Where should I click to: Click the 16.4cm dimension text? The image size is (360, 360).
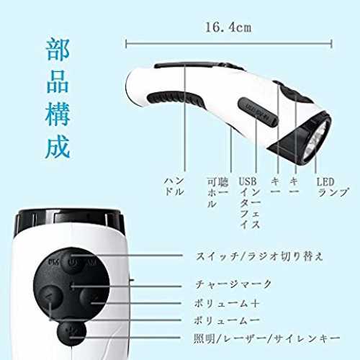[x=228, y=27]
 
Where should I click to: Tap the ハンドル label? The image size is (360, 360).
[x=174, y=186]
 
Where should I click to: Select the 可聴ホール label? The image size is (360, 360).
[x=217, y=193]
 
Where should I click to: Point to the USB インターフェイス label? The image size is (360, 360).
[x=250, y=203]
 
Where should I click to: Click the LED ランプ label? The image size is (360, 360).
[x=333, y=187]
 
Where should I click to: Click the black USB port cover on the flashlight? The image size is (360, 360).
[x=258, y=112]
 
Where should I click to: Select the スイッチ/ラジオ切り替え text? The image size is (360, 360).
[x=259, y=256]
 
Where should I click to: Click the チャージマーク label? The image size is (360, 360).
[x=233, y=284]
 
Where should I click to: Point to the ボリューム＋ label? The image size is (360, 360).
[x=227, y=303]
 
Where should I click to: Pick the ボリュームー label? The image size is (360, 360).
[x=227, y=320]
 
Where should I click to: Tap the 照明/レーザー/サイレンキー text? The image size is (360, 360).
[x=267, y=338]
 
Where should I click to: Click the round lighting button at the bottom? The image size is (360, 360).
[x=71, y=333]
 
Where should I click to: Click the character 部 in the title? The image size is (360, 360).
[x=58, y=50]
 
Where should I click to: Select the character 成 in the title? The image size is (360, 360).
[x=58, y=147]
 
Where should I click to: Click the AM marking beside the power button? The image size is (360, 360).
[x=91, y=262]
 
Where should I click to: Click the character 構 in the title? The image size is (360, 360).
[x=58, y=114]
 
